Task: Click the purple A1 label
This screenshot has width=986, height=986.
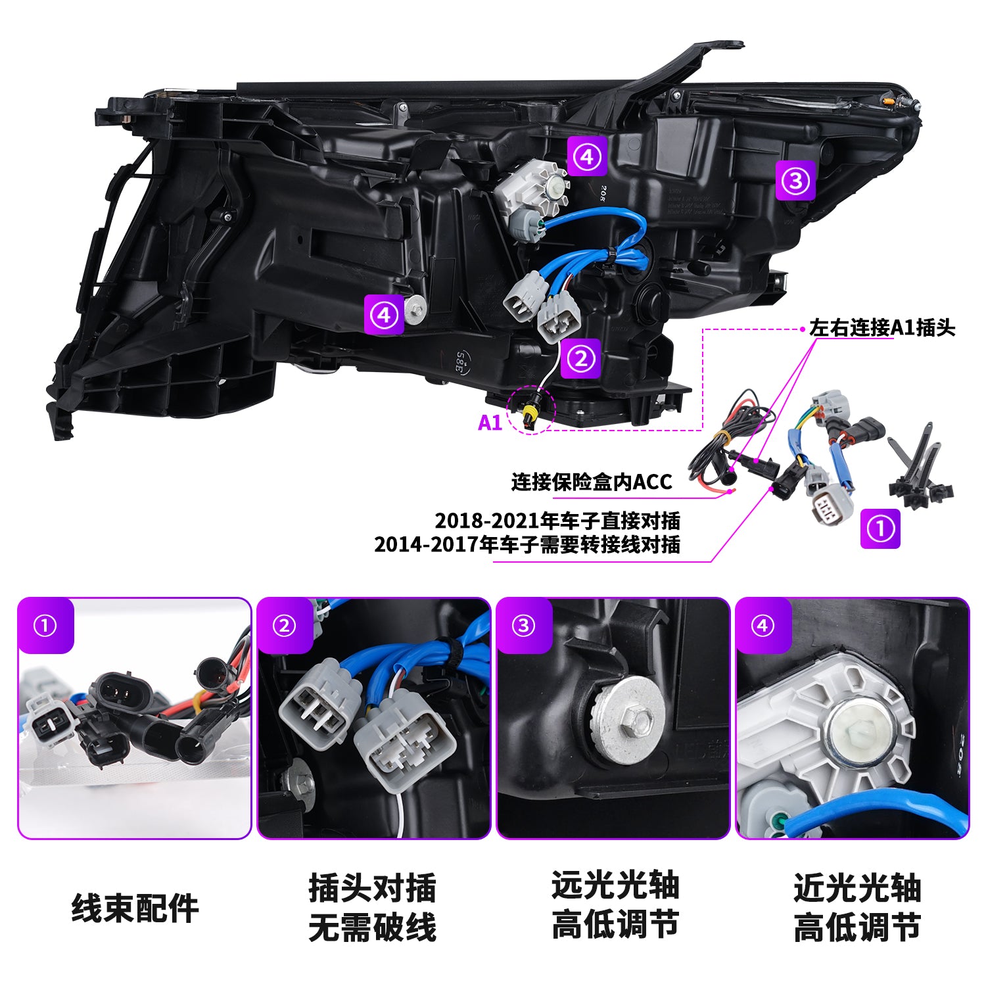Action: (x=490, y=423)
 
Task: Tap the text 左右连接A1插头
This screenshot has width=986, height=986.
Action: (x=882, y=327)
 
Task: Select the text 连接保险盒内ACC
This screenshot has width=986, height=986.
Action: (x=592, y=482)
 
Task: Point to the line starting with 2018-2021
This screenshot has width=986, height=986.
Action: (x=557, y=521)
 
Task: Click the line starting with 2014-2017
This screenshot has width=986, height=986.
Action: (x=527, y=544)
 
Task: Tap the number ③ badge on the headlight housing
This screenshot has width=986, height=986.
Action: (x=795, y=179)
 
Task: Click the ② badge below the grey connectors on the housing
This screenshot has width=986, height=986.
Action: (x=580, y=359)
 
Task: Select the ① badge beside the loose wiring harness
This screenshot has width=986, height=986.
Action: (x=880, y=528)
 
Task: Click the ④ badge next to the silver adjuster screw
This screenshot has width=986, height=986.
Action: (x=385, y=316)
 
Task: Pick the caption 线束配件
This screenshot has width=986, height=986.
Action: (x=135, y=908)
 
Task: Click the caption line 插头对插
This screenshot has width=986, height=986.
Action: (x=373, y=889)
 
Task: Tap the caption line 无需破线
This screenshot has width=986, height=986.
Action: (x=373, y=927)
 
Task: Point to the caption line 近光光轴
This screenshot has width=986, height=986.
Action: (x=857, y=888)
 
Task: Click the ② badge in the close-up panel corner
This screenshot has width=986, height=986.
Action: (x=284, y=626)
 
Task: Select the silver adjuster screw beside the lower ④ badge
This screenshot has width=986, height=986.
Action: (x=415, y=309)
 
